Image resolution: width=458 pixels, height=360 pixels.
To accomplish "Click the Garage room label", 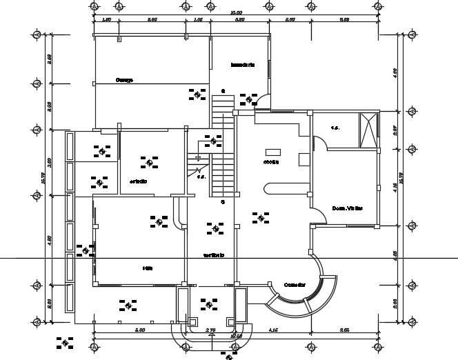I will click(x=124, y=80).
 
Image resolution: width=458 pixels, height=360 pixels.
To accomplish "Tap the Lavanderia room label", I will click(x=243, y=65).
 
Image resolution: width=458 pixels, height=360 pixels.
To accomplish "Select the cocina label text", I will click(x=270, y=163).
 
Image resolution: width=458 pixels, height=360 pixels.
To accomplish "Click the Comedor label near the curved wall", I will click(x=295, y=284).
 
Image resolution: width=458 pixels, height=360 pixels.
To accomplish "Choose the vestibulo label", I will click(x=213, y=255).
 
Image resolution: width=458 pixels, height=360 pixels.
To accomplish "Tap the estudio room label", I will click(x=138, y=181).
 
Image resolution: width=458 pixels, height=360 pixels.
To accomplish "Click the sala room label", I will click(x=147, y=268).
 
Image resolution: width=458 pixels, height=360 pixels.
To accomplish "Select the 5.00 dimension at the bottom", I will click(x=139, y=330).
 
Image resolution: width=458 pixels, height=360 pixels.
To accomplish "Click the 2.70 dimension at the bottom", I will click(x=210, y=330).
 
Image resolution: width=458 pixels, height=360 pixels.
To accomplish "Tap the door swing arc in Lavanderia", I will click(x=263, y=101).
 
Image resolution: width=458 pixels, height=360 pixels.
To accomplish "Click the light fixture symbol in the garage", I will click(x=198, y=94).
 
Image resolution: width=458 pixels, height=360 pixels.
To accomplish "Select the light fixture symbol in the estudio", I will click(x=149, y=162).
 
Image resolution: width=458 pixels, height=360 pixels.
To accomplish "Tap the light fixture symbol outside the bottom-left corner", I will click(x=66, y=341).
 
